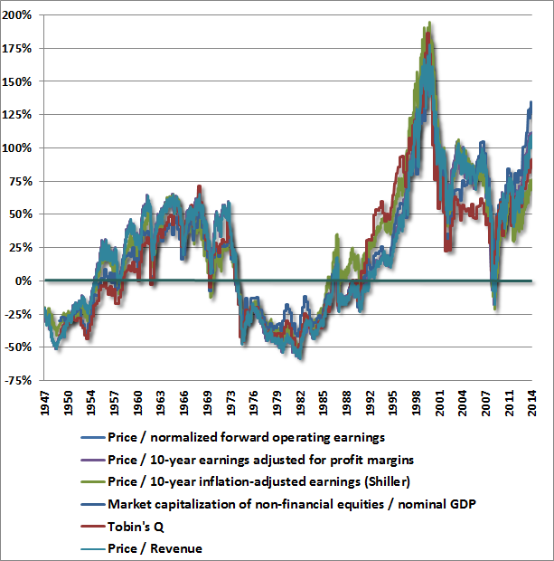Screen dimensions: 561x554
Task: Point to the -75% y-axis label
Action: pyautogui.click(x=21, y=379)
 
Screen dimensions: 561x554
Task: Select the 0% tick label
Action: pyautogui.click(x=28, y=280)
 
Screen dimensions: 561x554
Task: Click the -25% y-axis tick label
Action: pyautogui.click(x=21, y=313)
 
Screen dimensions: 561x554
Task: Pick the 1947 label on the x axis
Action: pyautogui.click(x=45, y=404)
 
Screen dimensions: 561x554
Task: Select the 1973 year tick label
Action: pyautogui.click(x=234, y=404)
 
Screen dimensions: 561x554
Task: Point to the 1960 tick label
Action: pyautogui.click(x=138, y=404)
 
